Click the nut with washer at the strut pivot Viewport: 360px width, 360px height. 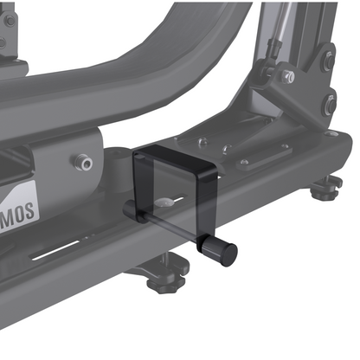[x=287, y=78]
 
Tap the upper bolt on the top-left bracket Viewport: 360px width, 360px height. [x=8, y=19]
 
